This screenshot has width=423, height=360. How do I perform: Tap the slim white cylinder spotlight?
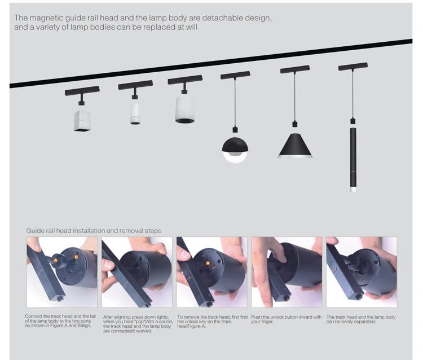click(x=135, y=112)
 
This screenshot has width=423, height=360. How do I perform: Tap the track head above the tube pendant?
click(x=352, y=67)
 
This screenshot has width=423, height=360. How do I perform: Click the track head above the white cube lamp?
click(x=82, y=91)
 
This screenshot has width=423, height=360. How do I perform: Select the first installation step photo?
click(x=62, y=272)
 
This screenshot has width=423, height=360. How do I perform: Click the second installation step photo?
click(x=137, y=272)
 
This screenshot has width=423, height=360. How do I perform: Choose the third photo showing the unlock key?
click(x=211, y=272)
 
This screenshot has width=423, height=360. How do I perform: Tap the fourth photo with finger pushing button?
click(x=287, y=272)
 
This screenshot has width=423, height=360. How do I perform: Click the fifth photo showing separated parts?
click(x=361, y=272)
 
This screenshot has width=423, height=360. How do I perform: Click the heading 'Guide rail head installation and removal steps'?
click(x=94, y=231)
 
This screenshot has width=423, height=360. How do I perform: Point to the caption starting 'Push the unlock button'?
click(x=287, y=319)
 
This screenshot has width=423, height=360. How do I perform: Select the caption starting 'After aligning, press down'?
click(x=138, y=324)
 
